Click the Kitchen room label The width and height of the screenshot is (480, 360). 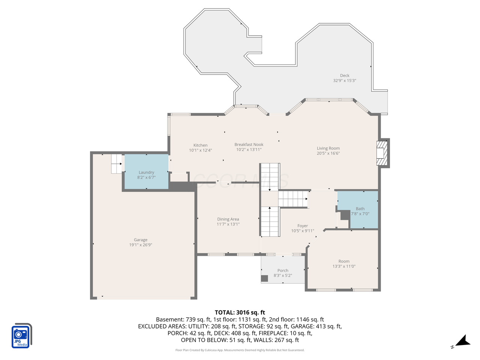pos(200,145)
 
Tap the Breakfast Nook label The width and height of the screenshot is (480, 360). pos(249,145)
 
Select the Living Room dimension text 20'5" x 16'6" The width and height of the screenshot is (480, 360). pos(328,153)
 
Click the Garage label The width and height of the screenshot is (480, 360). pos(141,240)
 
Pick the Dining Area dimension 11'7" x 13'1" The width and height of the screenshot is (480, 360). pos(228,224)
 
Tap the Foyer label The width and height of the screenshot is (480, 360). pos(302,226)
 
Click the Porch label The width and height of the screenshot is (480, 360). pos(283,271)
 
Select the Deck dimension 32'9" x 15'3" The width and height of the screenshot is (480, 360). pos(345,81)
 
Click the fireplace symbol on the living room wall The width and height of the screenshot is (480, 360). pos(382,153)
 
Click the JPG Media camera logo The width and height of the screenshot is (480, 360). pos(21,336)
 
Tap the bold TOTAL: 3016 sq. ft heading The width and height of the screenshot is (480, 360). pos(240,312)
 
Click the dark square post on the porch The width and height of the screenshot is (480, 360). pos(264,278)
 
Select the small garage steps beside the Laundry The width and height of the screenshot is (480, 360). pos(117,163)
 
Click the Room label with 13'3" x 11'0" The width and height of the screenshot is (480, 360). pos(343,261)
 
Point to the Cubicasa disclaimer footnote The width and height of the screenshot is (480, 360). pos(240,350)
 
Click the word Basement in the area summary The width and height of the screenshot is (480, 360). pos(170,319)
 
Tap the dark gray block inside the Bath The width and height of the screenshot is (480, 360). pos(345,215)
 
